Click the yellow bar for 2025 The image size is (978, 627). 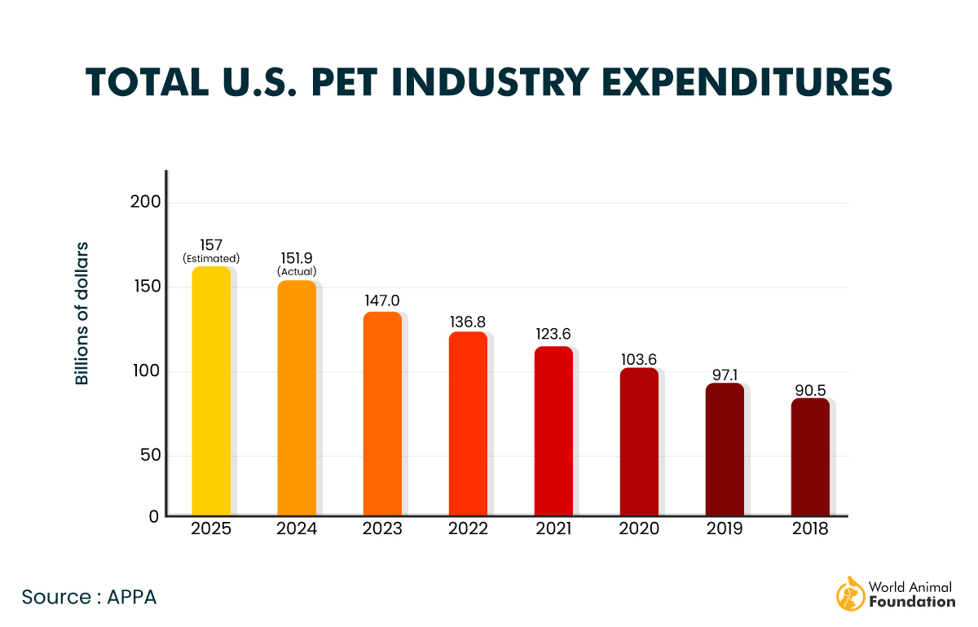(x=211, y=391)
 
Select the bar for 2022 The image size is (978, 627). (x=468, y=423)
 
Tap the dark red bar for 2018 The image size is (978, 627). (x=810, y=457)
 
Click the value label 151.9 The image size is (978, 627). (x=297, y=258)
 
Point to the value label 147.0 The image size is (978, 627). (x=382, y=300)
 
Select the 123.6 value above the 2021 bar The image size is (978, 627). (x=553, y=333)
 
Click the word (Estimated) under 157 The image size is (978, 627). (x=211, y=258)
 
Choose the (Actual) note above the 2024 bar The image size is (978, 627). (x=297, y=271)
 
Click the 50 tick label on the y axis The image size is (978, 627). (x=149, y=456)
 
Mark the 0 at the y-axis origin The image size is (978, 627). (x=154, y=515)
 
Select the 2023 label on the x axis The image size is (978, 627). (x=382, y=529)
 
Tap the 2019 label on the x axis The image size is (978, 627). (x=725, y=529)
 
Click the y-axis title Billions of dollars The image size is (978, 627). (x=81, y=313)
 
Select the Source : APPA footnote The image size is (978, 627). (x=89, y=597)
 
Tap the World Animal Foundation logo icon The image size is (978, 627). (x=849, y=594)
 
